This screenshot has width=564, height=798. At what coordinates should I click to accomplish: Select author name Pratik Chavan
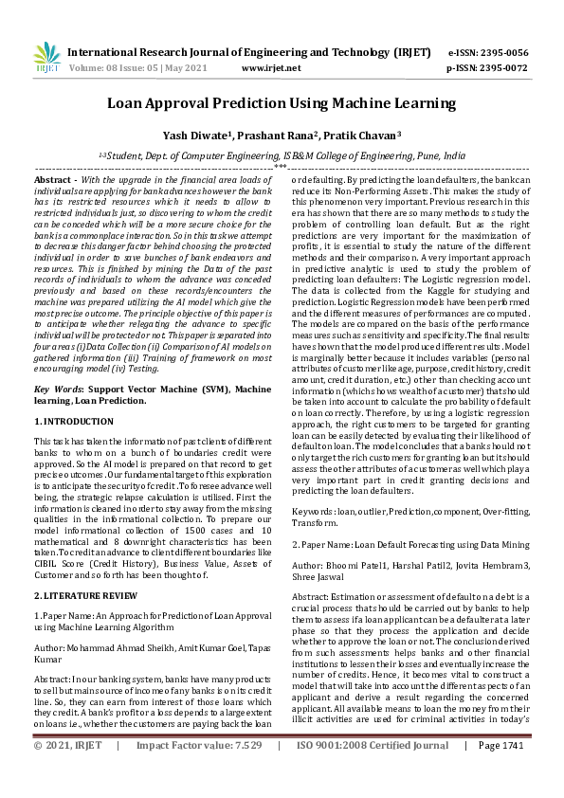(366, 135)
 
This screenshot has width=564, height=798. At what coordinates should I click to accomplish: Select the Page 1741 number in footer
(502, 772)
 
